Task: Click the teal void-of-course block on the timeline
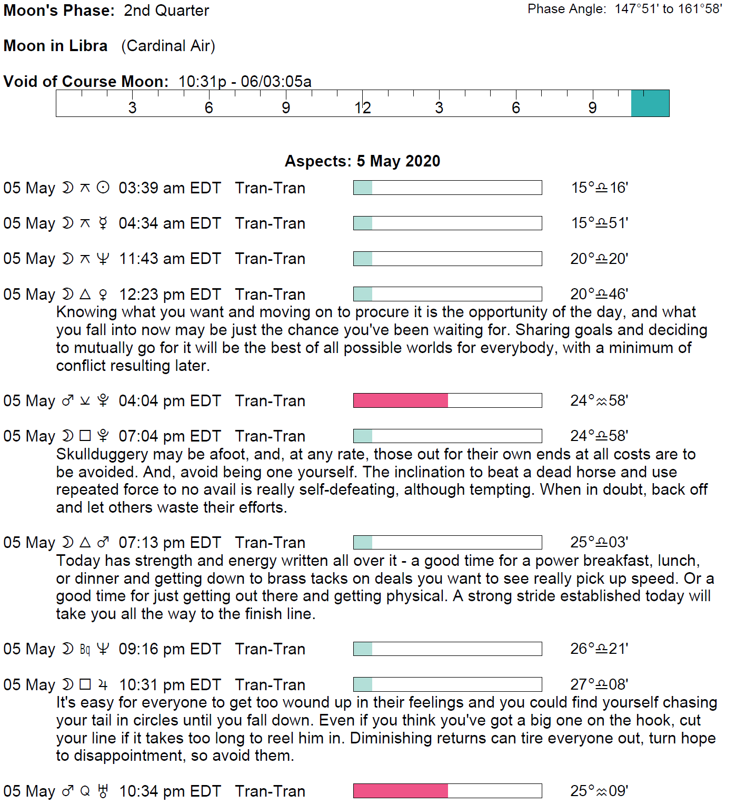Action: [x=650, y=103]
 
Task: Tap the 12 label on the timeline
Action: [x=362, y=108]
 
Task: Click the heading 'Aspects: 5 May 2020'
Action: [x=362, y=161]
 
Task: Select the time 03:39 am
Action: [x=152, y=188]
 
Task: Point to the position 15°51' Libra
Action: [x=600, y=223]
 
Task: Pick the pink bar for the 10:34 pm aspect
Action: [x=400, y=791]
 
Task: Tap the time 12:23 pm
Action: [x=152, y=295]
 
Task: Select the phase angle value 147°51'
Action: [x=636, y=9]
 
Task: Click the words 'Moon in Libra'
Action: [x=55, y=46]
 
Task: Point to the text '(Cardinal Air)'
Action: [x=168, y=46]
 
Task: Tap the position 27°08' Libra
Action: [x=599, y=684]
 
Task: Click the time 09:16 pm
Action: [x=152, y=649]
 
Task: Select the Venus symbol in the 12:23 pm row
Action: [x=103, y=295]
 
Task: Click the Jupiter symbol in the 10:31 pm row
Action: [x=103, y=685]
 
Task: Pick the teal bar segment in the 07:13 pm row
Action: [x=363, y=543]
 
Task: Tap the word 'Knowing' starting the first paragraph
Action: [x=87, y=312]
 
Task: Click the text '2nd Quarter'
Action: [x=166, y=11]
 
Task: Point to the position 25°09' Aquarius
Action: [x=599, y=791]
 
